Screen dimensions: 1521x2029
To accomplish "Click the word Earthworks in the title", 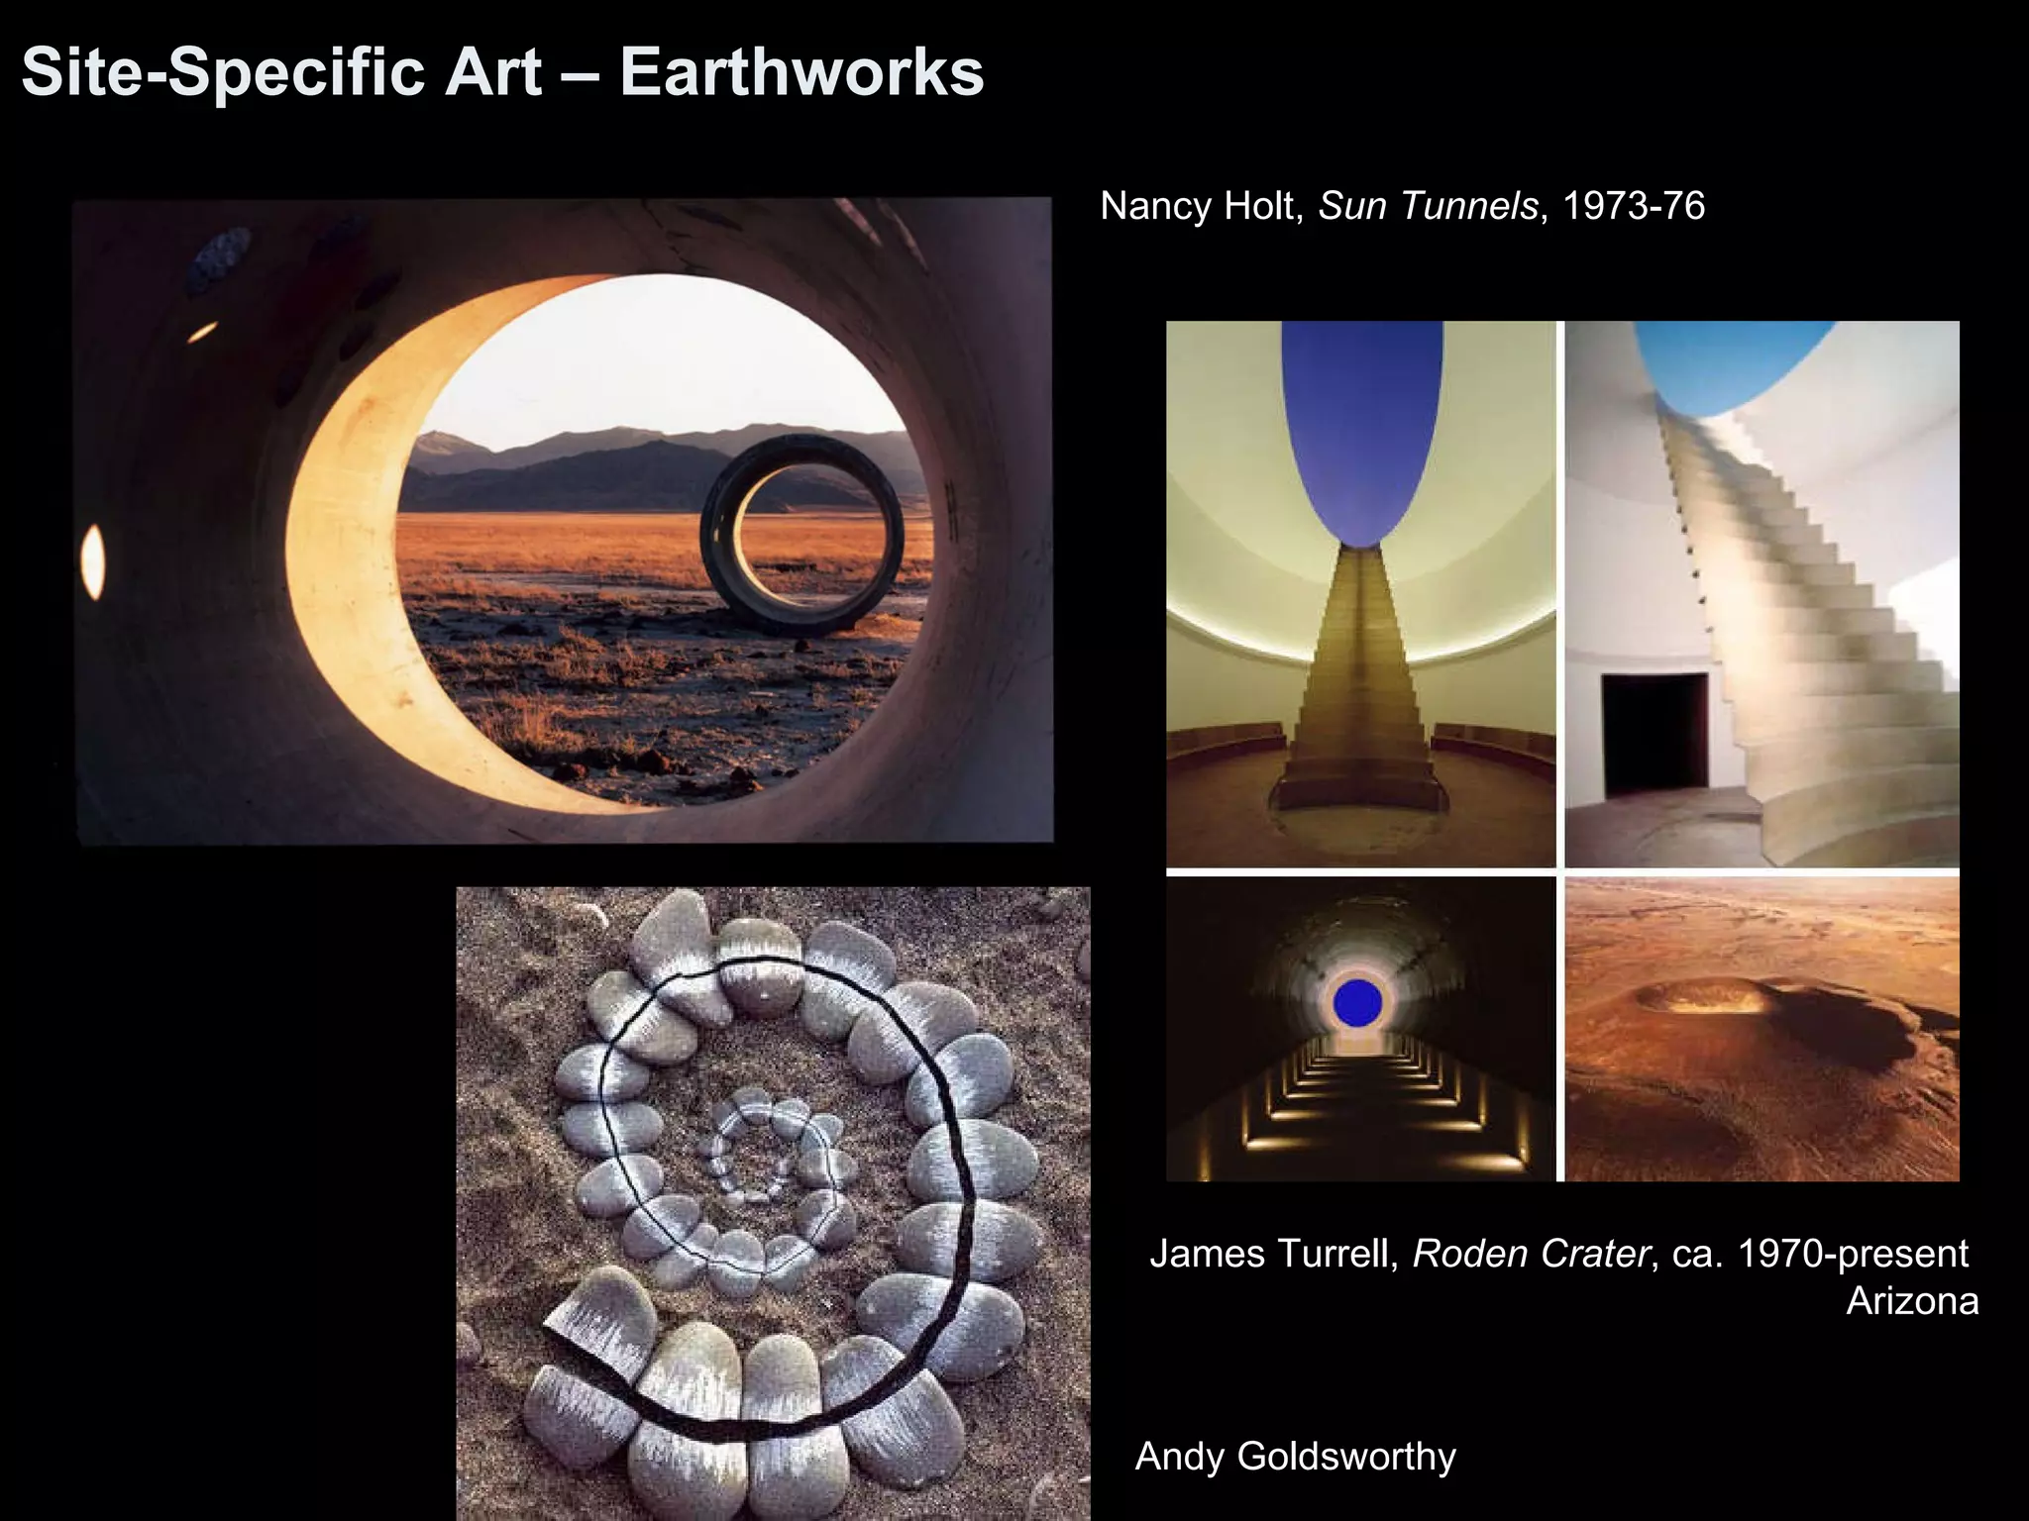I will click(x=801, y=72).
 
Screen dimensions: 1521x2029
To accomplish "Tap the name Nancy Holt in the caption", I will click(x=1201, y=206).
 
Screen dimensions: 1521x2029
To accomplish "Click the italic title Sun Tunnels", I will click(x=1428, y=206).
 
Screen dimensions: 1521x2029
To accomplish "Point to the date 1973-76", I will click(x=1634, y=206).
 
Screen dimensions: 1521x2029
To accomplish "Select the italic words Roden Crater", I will click(x=1531, y=1255).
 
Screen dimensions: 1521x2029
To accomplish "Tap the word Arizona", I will click(x=1912, y=1301).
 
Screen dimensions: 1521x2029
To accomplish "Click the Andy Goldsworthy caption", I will click(x=1295, y=1457).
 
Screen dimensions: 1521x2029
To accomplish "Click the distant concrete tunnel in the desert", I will click(x=802, y=535).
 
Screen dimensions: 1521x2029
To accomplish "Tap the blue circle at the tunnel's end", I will click(x=1357, y=1002).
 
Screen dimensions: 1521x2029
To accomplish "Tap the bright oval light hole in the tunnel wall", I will click(x=92, y=561).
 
